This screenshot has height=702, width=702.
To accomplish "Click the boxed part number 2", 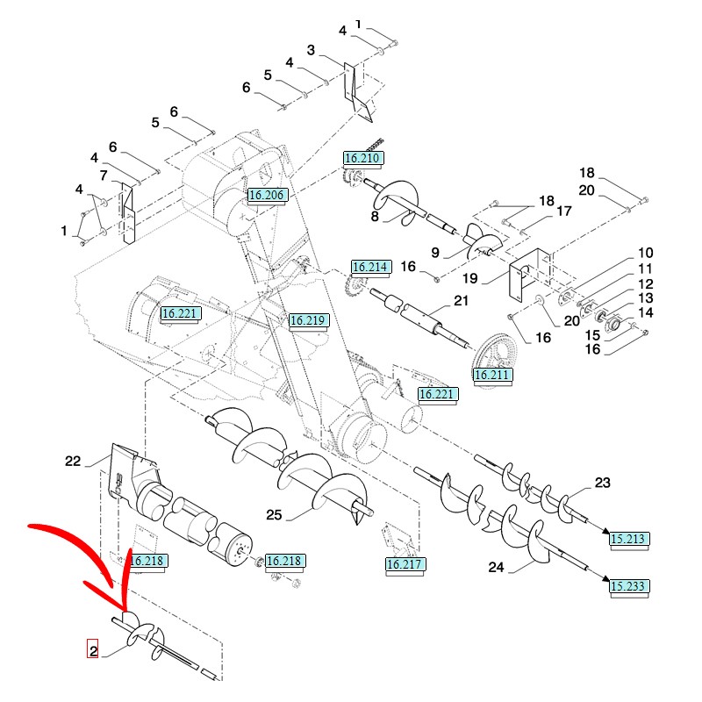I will tap(91, 650).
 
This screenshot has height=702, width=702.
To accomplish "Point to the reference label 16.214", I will tap(369, 267).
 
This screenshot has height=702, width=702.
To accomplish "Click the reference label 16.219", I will tap(307, 321).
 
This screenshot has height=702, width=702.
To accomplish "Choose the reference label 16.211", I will tap(491, 376).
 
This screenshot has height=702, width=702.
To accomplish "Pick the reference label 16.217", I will tap(405, 564).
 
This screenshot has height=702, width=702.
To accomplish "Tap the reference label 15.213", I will tap(629, 537).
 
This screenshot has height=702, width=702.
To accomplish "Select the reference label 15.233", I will tap(629, 585).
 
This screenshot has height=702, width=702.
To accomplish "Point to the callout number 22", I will tap(73, 460).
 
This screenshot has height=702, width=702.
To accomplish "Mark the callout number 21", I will tap(462, 302).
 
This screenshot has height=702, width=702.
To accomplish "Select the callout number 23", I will tap(602, 483).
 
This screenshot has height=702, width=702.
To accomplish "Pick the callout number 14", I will tap(645, 312).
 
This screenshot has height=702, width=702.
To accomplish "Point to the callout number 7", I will tap(104, 175).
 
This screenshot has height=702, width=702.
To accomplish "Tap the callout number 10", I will tap(645, 253).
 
